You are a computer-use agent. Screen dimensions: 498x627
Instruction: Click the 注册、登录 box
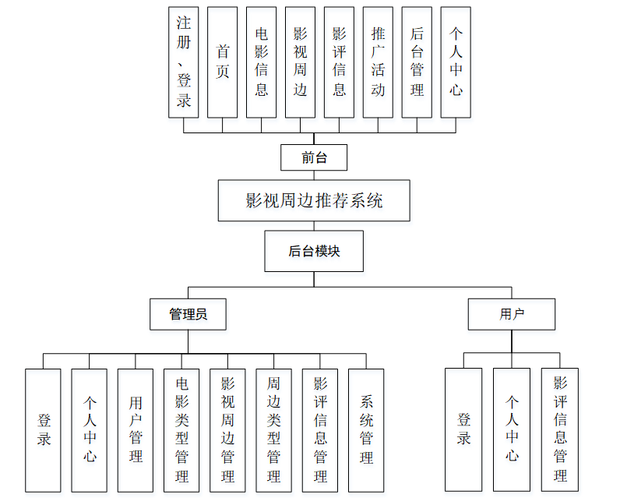[x=184, y=62]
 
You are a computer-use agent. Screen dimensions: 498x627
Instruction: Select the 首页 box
[x=222, y=62]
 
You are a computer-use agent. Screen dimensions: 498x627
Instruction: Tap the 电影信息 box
[x=261, y=62]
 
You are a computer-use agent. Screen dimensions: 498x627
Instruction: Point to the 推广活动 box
[x=378, y=62]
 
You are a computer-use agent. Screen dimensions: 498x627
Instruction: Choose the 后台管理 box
[x=417, y=62]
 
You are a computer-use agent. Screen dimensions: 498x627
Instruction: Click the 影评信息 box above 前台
[x=339, y=62]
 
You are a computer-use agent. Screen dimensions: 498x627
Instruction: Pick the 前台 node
[x=314, y=157]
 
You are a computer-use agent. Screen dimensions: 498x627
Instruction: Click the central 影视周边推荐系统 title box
[x=314, y=201]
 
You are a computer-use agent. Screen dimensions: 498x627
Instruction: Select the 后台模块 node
[x=314, y=251]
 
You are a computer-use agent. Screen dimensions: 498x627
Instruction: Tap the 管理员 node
[x=188, y=314]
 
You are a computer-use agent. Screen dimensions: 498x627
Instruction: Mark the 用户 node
[x=512, y=314]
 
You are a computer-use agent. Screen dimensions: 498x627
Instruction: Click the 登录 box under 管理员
[x=43, y=430]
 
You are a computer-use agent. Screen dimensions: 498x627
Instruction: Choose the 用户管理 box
[x=136, y=430]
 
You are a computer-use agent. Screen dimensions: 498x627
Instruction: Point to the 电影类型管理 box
[x=181, y=430]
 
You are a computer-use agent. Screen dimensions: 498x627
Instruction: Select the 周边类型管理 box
[x=273, y=430]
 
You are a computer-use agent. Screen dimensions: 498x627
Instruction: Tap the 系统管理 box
[x=366, y=430]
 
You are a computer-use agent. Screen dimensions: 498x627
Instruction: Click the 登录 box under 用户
[x=463, y=430]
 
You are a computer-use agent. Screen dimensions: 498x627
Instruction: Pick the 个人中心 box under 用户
[x=512, y=430]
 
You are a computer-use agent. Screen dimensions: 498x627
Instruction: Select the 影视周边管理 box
[x=227, y=430]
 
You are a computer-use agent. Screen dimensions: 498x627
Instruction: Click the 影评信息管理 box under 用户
[x=560, y=430]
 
